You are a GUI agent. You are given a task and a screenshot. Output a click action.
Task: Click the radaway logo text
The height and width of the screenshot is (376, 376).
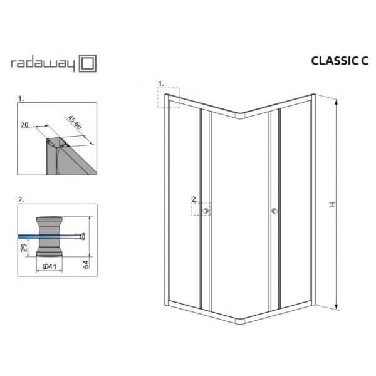[43, 65]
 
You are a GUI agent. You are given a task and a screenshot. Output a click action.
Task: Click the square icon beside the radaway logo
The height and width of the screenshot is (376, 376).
[88, 63]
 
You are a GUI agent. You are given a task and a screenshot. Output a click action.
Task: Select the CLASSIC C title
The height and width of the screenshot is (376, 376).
[339, 61]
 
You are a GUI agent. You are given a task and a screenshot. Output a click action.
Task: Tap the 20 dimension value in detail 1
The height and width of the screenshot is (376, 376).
[24, 125]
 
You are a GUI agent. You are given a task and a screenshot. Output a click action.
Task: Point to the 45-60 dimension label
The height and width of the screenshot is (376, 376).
[75, 122]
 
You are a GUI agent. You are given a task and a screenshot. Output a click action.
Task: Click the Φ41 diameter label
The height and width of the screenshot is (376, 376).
[49, 266]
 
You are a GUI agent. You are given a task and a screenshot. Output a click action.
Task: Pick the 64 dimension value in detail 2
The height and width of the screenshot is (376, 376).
[86, 264]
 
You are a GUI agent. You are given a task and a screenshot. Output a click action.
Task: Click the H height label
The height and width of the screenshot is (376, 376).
[332, 205]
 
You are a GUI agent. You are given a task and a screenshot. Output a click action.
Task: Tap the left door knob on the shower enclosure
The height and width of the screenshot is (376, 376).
[206, 211]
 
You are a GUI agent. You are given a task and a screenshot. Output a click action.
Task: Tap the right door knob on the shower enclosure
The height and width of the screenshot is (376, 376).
[274, 211]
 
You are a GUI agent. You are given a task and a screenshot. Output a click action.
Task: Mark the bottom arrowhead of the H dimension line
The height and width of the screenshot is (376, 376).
[337, 307]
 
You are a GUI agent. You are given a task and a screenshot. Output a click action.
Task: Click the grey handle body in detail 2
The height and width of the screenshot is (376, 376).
[49, 236]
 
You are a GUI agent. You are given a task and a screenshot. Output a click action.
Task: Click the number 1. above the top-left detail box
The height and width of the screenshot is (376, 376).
[21, 99]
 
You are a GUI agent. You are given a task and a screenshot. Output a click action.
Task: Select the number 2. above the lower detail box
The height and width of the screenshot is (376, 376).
[21, 200]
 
